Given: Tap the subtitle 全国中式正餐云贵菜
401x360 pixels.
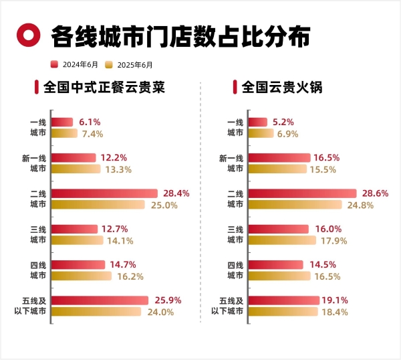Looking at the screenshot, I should click(103, 87).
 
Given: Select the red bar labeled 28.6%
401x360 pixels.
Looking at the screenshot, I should click(304, 193).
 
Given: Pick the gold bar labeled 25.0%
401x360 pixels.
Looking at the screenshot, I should click(98, 205).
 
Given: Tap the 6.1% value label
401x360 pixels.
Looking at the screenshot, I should click(90, 122).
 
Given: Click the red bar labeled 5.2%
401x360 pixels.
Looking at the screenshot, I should click(259, 122).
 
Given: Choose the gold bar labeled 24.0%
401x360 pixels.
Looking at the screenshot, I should click(96, 311).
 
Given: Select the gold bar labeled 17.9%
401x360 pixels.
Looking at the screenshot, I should click(283, 240).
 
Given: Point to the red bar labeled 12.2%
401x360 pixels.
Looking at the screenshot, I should click(74, 157).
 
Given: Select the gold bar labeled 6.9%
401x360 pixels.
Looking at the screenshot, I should click(262, 133).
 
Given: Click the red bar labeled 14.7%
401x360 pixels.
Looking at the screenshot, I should click(78, 264).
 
